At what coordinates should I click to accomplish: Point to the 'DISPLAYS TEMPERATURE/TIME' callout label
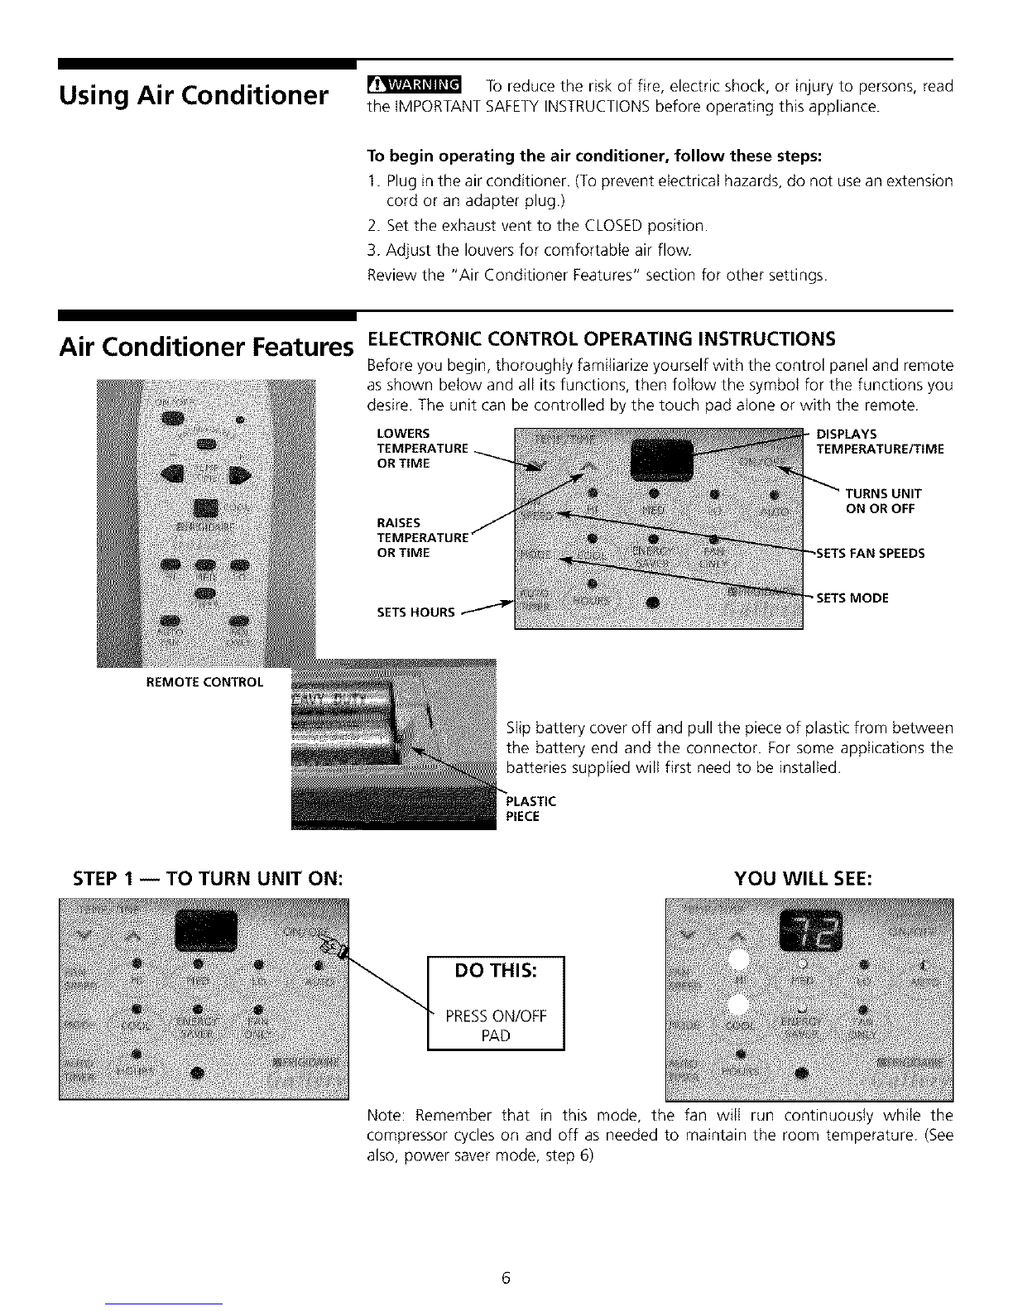coord(879,441)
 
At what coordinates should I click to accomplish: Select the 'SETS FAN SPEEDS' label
coord(871,553)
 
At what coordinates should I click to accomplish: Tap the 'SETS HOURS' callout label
coord(415,612)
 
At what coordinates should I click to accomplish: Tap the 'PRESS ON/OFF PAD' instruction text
coord(495,1025)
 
